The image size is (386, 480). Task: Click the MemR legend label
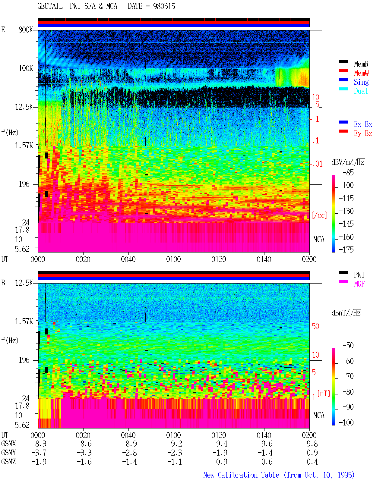pyautogui.click(x=361, y=64)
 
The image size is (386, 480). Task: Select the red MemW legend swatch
pyautogui.click(x=343, y=71)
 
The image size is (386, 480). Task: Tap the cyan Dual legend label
pyautogui.click(x=361, y=91)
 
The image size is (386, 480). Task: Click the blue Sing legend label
pyautogui.click(x=361, y=82)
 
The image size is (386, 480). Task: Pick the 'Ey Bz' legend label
pyautogui.click(x=363, y=133)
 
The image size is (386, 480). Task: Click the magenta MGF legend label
pyautogui.click(x=359, y=284)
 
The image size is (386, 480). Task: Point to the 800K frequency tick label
pyautogui.click(x=26, y=30)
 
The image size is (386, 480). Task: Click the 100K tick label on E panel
pyautogui.click(x=26, y=68)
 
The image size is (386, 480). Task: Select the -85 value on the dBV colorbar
pyautogui.click(x=348, y=172)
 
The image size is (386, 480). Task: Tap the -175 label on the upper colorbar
pyautogui.click(x=346, y=249)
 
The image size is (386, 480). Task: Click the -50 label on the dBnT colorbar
pyautogui.click(x=348, y=346)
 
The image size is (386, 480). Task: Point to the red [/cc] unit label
pyautogui.click(x=319, y=215)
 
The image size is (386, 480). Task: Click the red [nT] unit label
pyautogui.click(x=324, y=394)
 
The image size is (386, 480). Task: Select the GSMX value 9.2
pyautogui.click(x=176, y=444)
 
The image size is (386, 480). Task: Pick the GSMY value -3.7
pyautogui.click(x=39, y=453)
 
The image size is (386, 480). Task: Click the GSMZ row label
pyautogui.click(x=8, y=462)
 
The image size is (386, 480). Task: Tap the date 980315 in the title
pyautogui.click(x=164, y=6)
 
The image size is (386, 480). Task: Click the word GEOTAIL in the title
pyautogui.click(x=50, y=6)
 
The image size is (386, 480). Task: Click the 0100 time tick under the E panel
pyautogui.click(x=173, y=259)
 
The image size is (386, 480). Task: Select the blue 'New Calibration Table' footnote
pyautogui.click(x=241, y=475)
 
